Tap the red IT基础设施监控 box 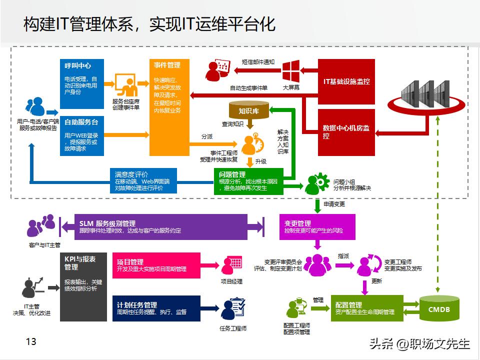click(x=346, y=80)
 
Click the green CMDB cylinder click(x=439, y=309)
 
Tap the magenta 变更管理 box click(x=317, y=226)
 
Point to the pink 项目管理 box click(x=158, y=265)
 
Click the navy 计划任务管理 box click(x=158, y=308)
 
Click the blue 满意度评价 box click(x=143, y=181)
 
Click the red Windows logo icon click(x=290, y=71)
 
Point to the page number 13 click(x=30, y=341)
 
